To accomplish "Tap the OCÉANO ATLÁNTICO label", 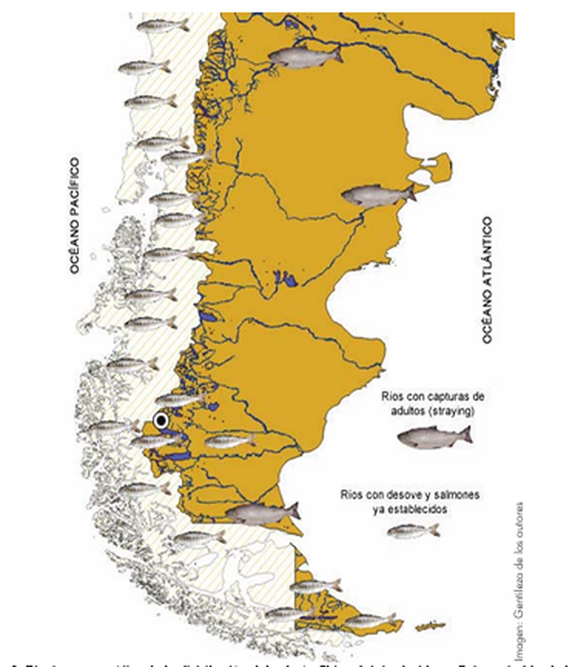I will pyautogui.click(x=488, y=280).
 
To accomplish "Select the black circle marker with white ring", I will pyautogui.click(x=161, y=421).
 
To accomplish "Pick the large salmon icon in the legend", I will pyautogui.click(x=434, y=437).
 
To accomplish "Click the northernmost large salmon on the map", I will pyautogui.click(x=305, y=56).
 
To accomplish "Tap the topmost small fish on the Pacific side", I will pyautogui.click(x=162, y=25).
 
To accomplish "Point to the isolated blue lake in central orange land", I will pyautogui.click(x=287, y=279).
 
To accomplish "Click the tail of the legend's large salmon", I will pyautogui.click(x=465, y=434).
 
